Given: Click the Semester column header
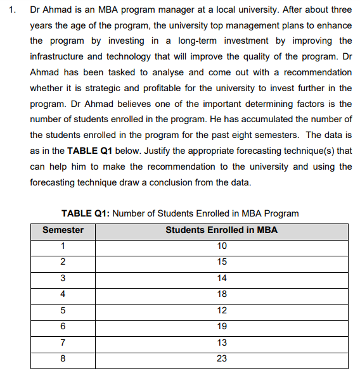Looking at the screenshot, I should click(x=63, y=230).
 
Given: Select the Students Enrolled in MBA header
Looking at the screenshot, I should click(x=221, y=230).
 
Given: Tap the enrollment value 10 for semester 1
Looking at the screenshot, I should click(x=221, y=246).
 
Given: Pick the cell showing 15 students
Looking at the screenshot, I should click(x=221, y=262).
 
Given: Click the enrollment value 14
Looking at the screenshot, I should click(x=221, y=278).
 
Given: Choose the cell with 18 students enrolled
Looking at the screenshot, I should click(x=221, y=294).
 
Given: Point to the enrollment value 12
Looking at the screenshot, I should click(x=221, y=310).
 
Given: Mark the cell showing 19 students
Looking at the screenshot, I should click(x=221, y=326).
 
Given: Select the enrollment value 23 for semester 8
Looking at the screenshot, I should click(x=221, y=358).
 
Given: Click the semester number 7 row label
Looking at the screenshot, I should click(x=63, y=343).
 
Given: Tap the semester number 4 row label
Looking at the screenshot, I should click(x=63, y=294).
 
